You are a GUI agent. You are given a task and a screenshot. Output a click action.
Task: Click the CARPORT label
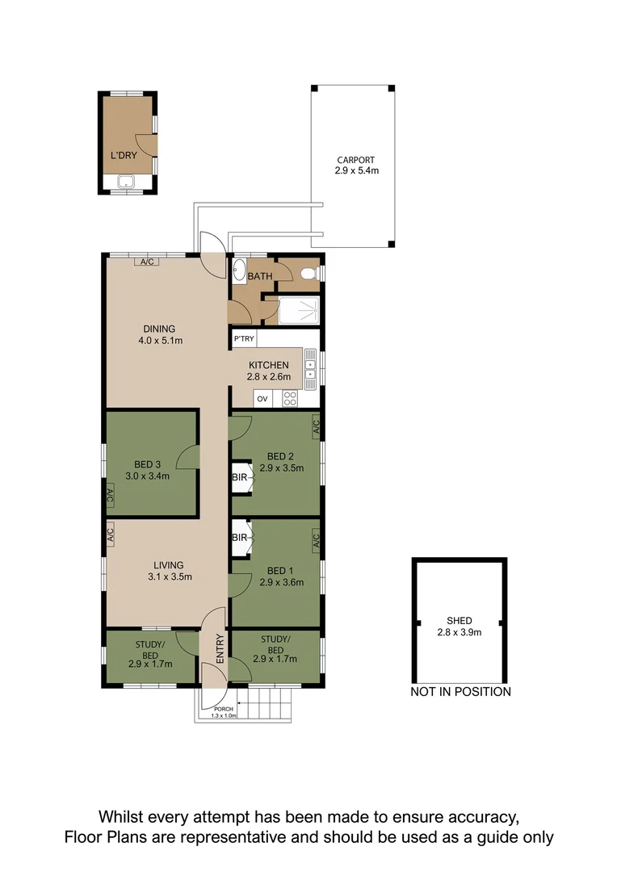pyautogui.click(x=356, y=160)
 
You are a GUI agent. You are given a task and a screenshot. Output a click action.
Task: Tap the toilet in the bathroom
pyautogui.click(x=308, y=275)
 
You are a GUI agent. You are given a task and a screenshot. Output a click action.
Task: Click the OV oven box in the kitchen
pyautogui.click(x=262, y=399)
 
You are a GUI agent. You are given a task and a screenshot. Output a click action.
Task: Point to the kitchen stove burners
pyautogui.click(x=290, y=398)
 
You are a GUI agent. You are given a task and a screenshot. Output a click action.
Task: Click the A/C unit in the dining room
pyautogui.click(x=146, y=262)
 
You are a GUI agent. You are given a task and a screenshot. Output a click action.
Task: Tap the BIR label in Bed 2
pyautogui.click(x=240, y=476)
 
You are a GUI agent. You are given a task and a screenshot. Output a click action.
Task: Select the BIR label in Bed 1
pyautogui.click(x=240, y=538)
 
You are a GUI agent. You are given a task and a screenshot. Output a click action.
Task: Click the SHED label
pyautogui.click(x=459, y=620)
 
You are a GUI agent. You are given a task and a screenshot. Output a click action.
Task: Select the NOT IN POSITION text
pyautogui.click(x=460, y=691)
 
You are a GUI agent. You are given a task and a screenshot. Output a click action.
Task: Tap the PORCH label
pyautogui.click(x=223, y=709)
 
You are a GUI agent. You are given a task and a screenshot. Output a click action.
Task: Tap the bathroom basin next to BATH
pyautogui.click(x=240, y=269)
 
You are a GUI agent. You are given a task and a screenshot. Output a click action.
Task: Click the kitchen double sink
pyautogui.click(x=310, y=367)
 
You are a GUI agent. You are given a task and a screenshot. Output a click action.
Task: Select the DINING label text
pyautogui.click(x=159, y=329)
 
